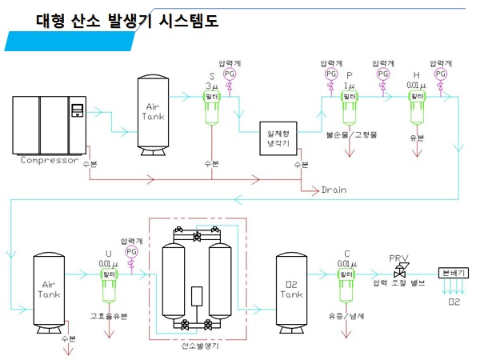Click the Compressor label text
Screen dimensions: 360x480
tap(50, 160)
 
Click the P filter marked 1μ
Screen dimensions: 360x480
tap(349, 103)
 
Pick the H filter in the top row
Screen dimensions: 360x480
tap(416, 103)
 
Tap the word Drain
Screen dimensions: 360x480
tap(335, 190)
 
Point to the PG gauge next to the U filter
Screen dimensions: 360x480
tap(132, 251)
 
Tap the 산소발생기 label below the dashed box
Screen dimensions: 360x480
tap(198, 346)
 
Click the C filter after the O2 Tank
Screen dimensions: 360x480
tap(347, 280)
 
